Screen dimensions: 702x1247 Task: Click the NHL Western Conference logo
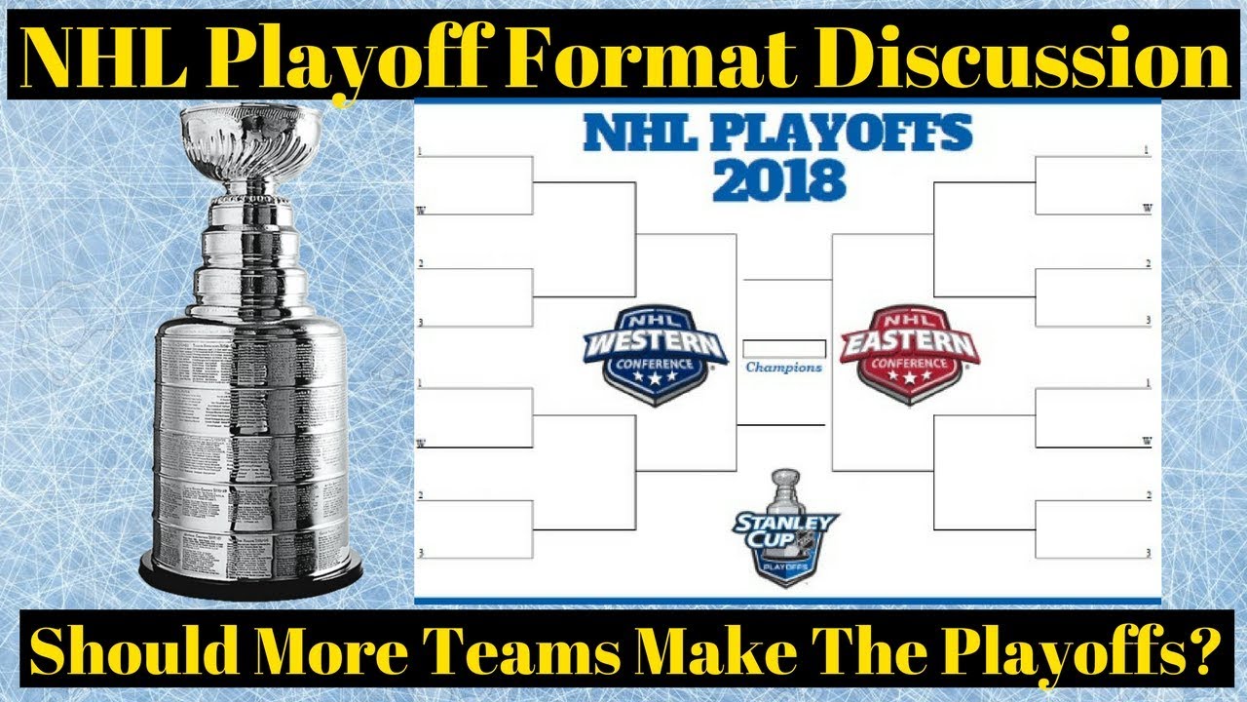click(656, 352)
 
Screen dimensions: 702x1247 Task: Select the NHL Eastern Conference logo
click(908, 352)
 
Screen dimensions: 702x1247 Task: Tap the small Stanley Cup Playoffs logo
click(785, 527)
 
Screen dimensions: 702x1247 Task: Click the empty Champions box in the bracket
click(784, 348)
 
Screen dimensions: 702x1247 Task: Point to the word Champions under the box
click(784, 369)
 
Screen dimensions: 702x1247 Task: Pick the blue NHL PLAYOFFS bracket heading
click(777, 133)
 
